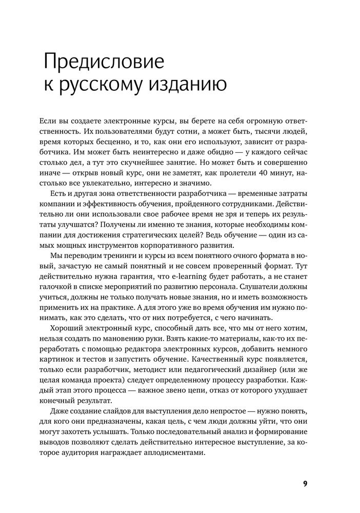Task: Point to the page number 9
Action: pyautogui.click(x=305, y=483)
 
